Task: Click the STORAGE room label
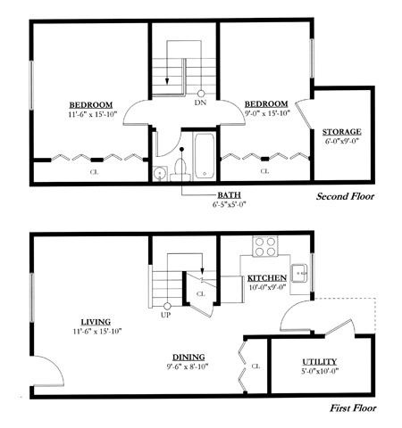(x=342, y=132)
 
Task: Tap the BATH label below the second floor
(x=229, y=195)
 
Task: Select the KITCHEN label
(x=267, y=278)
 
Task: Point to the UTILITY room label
(x=320, y=362)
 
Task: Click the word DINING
(x=188, y=358)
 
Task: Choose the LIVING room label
(x=96, y=322)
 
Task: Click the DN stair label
(x=200, y=103)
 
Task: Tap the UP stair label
(x=166, y=315)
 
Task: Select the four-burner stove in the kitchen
(x=265, y=246)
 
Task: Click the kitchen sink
(x=299, y=273)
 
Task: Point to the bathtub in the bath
(x=205, y=156)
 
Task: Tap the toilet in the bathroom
(x=180, y=170)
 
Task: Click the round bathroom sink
(x=160, y=173)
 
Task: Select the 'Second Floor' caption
(x=345, y=196)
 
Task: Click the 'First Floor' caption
(x=353, y=408)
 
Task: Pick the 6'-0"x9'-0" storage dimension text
(x=341, y=141)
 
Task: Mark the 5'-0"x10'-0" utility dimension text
(x=320, y=371)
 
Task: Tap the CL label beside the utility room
(x=255, y=366)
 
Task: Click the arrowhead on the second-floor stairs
(x=167, y=81)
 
